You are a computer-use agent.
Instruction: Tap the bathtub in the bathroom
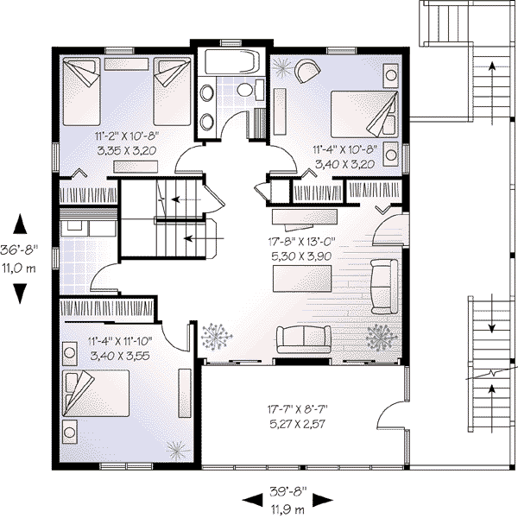[x=230, y=63]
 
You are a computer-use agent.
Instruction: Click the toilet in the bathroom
[x=244, y=89]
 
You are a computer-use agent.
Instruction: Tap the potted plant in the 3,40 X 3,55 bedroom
[x=176, y=450]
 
